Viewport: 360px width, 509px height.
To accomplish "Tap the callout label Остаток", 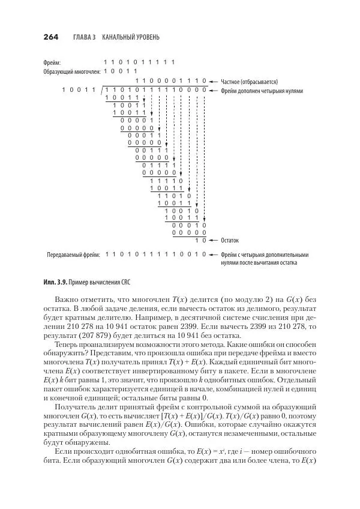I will pos(230,239).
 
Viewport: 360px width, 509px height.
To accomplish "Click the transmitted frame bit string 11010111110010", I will pos(156,254).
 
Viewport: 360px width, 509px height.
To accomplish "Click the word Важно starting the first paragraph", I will pos(67,298).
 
